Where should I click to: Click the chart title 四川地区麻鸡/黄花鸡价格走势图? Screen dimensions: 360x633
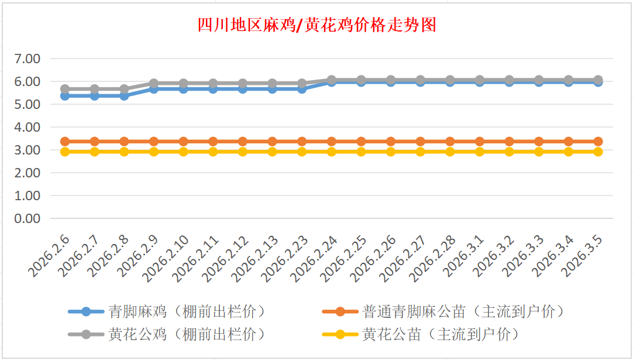[x=316, y=25]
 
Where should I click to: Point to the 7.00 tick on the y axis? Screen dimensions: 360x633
[x=27, y=59]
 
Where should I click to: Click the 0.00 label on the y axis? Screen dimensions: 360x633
[x=27, y=218]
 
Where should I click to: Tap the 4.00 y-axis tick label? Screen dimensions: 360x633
[x=27, y=127]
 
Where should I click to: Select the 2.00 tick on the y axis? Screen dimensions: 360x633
[x=27, y=173]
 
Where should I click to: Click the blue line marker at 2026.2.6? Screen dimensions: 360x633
[x=65, y=95]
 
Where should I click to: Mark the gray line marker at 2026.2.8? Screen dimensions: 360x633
[x=124, y=89]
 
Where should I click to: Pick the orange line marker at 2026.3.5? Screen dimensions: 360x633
[x=598, y=141]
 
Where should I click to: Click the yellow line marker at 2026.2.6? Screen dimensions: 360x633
[x=65, y=152]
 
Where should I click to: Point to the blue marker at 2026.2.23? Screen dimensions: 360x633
[x=302, y=88]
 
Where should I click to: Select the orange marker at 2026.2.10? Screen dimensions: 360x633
[x=183, y=141]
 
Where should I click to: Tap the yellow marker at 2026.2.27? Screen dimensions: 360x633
[x=420, y=152]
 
